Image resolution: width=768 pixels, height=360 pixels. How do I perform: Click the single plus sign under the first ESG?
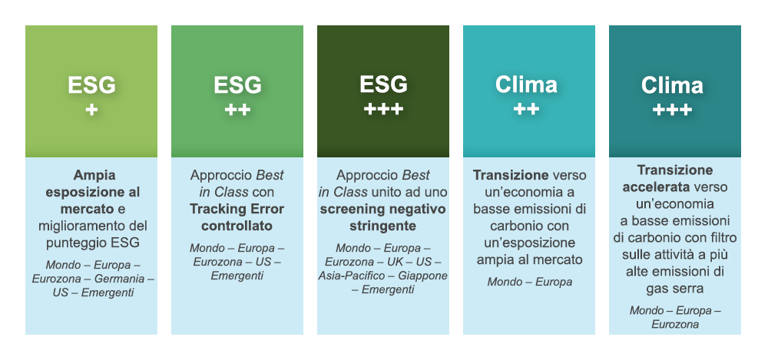point(91,110)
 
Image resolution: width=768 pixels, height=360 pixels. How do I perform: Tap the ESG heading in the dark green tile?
point(383,84)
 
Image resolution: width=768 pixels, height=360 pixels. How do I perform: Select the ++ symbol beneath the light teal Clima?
point(526,109)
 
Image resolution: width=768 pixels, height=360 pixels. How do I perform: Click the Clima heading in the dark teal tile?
point(672,85)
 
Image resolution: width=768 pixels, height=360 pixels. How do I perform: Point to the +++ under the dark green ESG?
point(383,109)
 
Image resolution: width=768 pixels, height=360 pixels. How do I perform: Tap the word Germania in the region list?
point(120,279)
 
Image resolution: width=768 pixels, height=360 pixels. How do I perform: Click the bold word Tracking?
point(214,209)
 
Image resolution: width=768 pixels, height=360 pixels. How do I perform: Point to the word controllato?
point(237,226)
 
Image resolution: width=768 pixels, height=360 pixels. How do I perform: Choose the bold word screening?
point(349,209)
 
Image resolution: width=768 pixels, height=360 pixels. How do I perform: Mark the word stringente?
point(383,226)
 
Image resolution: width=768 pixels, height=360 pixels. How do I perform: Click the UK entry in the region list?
point(396,262)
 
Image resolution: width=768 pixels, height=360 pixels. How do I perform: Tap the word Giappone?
point(422,276)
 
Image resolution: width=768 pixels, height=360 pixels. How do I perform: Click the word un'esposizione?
point(529,243)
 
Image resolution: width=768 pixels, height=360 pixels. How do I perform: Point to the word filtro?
point(723,238)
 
